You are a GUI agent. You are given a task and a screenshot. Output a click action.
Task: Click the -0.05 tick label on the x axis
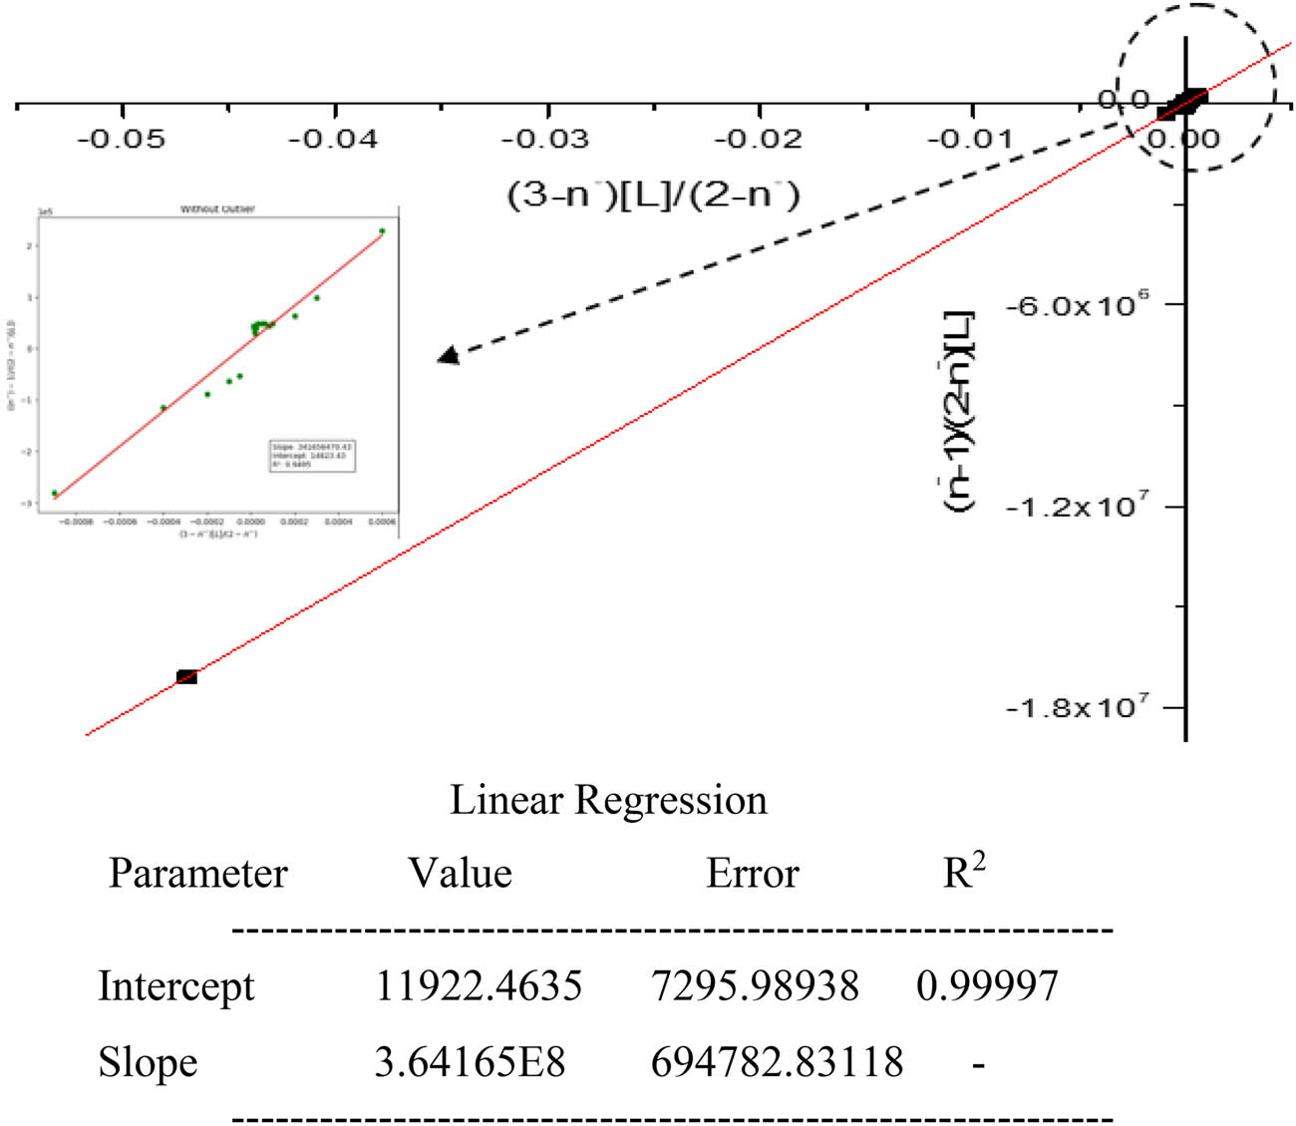point(121,139)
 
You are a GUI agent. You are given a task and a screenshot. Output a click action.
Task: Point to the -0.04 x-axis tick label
point(333,139)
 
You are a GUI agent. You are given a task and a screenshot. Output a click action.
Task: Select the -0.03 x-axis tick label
point(545,139)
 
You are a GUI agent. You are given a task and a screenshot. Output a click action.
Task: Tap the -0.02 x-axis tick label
point(758,139)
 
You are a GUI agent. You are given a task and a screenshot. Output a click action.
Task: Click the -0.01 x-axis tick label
point(970,139)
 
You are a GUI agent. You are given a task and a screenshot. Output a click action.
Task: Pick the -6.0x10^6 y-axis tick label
point(1077,304)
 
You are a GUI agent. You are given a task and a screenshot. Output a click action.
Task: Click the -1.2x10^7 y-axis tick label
point(1077,507)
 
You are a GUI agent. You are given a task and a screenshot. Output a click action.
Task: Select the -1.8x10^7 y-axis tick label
point(1077,708)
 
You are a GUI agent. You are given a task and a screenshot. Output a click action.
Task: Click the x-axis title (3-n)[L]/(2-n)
point(654,193)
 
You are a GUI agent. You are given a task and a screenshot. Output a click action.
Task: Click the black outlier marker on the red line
point(186,677)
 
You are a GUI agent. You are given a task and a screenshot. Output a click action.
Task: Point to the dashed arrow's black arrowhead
point(450,355)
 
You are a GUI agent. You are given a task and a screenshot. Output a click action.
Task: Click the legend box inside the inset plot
point(312,455)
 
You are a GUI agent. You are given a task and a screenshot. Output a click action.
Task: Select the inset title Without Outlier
point(217,209)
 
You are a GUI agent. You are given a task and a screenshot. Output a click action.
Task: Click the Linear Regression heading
point(608,800)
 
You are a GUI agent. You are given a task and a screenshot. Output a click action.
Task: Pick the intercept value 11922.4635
point(479,986)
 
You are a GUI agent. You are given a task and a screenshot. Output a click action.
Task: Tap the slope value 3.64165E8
point(470,1062)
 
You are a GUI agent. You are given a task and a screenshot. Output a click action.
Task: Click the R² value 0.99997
point(987,986)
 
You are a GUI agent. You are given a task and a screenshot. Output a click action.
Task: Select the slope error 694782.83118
point(777,1062)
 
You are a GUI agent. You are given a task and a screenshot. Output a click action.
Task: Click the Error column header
point(753,874)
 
